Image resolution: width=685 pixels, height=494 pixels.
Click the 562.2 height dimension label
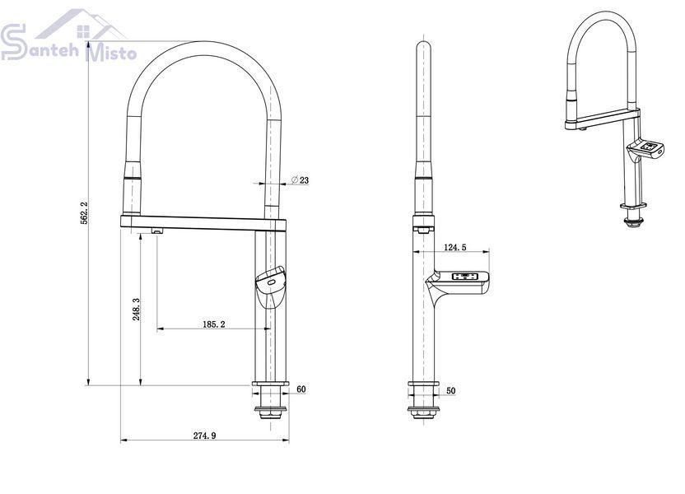click(84, 212)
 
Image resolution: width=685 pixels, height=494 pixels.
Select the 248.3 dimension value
click(136, 310)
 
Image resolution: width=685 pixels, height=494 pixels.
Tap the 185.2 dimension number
click(214, 324)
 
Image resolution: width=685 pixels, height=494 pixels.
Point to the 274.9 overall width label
click(205, 436)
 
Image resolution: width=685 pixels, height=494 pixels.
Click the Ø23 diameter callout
click(301, 179)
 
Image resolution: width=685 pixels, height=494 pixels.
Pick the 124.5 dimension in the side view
click(454, 247)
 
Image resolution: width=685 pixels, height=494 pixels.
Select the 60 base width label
click(301, 389)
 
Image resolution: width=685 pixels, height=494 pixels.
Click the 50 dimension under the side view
click(451, 391)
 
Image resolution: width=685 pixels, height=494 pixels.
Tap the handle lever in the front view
click(270, 287)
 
